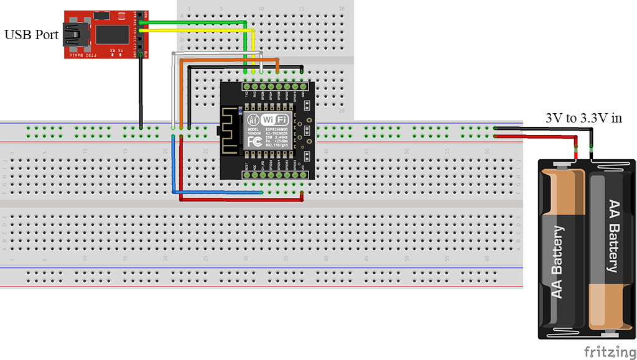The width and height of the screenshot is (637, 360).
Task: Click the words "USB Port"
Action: (32, 35)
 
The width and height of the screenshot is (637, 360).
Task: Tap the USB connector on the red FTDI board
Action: (78, 35)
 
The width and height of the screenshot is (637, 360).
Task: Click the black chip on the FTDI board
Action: (112, 34)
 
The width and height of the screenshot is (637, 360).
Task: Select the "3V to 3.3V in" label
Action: (584, 118)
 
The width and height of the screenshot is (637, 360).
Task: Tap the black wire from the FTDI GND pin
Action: (142, 93)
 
